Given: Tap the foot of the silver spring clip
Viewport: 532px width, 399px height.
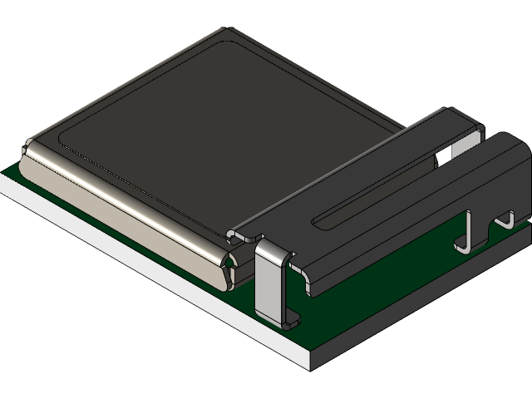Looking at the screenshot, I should [x=291, y=318].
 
